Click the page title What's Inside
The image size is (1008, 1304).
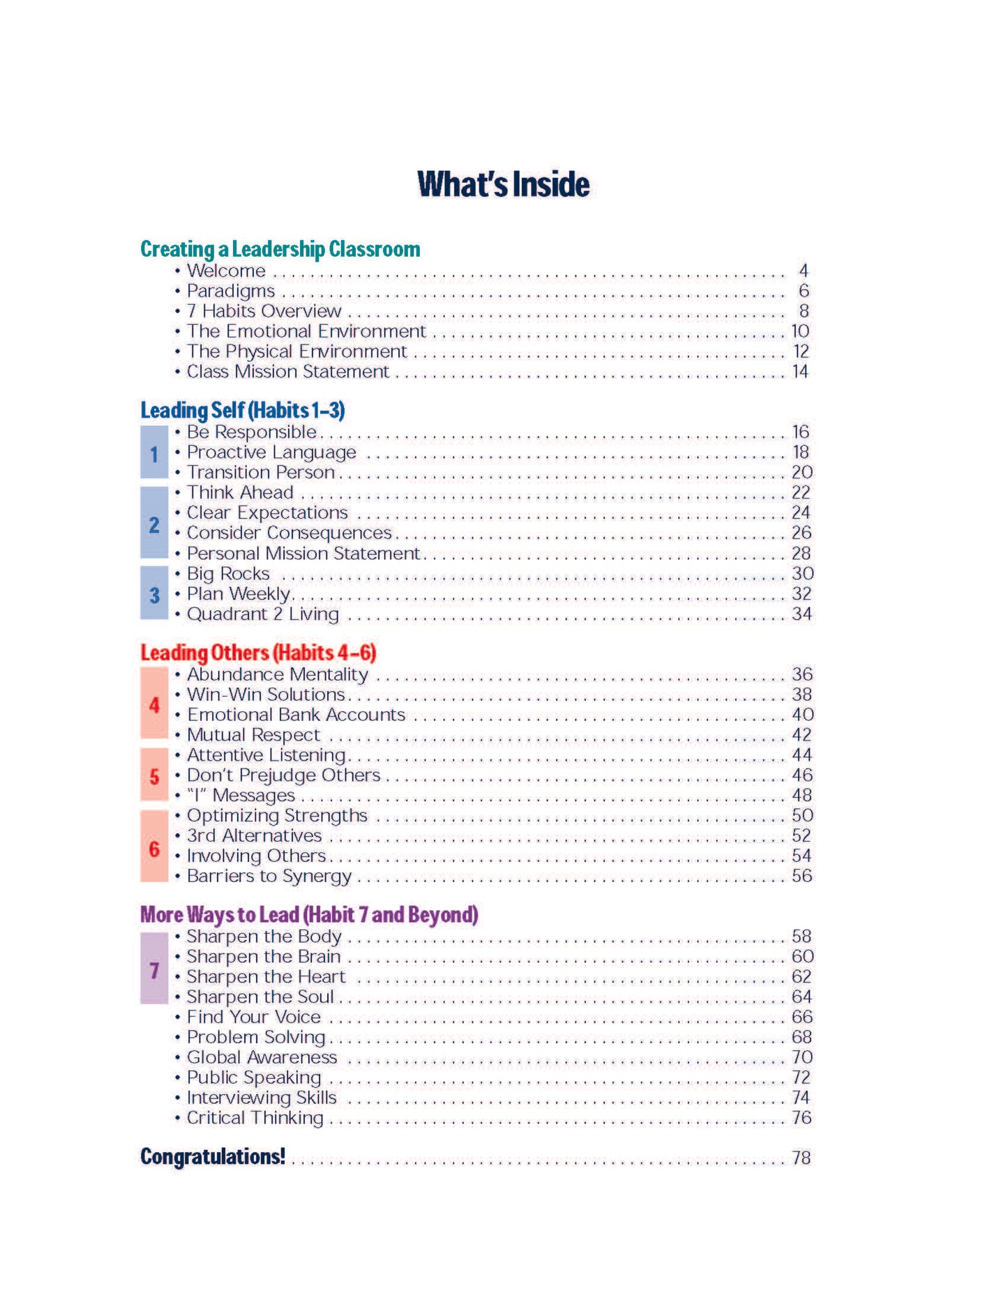tap(503, 185)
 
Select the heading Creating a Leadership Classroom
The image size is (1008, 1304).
tap(280, 249)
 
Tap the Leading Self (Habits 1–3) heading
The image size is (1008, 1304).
tap(243, 410)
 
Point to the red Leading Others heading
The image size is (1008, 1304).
tap(258, 653)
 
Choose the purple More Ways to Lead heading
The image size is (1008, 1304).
tap(309, 914)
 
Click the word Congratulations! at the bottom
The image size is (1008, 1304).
tap(213, 1156)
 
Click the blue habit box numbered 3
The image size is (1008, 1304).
tap(154, 593)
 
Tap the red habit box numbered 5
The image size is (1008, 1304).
tap(154, 775)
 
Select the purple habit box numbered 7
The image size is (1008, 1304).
tap(154, 969)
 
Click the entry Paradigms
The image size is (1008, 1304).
tap(231, 291)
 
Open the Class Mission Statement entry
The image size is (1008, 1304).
tap(287, 372)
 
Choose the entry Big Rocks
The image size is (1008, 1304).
tap(228, 574)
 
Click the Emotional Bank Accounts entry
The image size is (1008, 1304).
tap(296, 715)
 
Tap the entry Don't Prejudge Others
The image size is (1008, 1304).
tap(283, 775)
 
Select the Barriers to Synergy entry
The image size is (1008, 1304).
tap(269, 876)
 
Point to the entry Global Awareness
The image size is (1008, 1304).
tap(262, 1057)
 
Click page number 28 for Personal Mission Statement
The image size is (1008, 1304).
tap(801, 554)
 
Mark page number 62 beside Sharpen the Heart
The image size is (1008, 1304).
tap(801, 977)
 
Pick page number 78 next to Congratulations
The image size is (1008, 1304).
tap(801, 1158)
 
